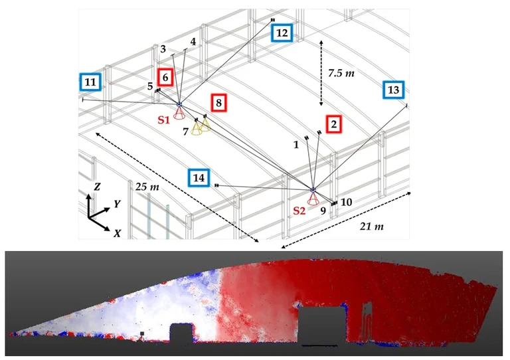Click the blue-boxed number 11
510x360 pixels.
90,82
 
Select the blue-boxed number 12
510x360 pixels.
282,33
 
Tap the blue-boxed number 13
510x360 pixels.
394,90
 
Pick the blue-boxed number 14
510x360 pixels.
199,177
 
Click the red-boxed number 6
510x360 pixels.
165,77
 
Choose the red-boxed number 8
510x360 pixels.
218,103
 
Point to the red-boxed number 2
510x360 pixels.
334,124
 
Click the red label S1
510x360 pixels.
164,120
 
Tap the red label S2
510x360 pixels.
299,211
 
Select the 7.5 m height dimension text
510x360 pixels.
341,73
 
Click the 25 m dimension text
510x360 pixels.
147,187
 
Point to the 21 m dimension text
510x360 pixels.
371,226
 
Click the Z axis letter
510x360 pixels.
97,187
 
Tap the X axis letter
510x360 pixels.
118,233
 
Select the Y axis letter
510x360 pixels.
118,204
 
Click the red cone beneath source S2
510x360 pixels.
313,199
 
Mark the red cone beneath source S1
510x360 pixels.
179,113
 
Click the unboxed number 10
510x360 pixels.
347,202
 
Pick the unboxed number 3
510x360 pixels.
163,49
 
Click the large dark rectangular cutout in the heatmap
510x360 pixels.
321,325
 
